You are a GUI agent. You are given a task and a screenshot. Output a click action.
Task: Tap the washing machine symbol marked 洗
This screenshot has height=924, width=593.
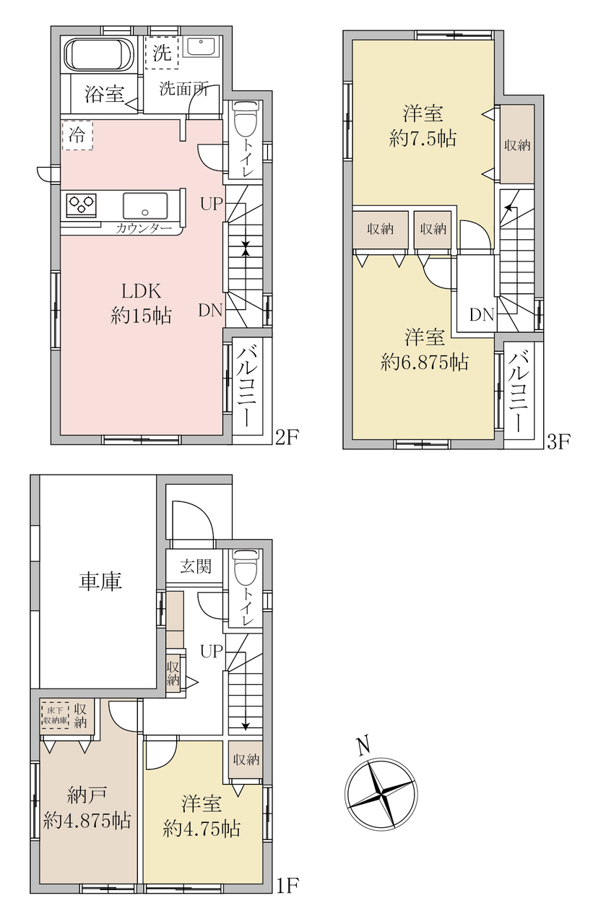point(162,52)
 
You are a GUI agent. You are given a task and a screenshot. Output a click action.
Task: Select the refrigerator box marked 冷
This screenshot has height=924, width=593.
point(77,135)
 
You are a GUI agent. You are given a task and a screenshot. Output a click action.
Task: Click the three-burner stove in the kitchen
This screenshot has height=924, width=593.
point(81,205)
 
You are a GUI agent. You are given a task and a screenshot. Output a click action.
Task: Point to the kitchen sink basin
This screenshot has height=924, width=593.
point(144,205)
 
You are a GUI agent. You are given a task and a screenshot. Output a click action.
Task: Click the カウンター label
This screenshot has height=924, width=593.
point(144,228)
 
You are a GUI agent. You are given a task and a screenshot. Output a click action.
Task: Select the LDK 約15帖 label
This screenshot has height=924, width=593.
point(141,303)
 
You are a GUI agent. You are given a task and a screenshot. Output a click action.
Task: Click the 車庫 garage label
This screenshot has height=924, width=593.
point(100,582)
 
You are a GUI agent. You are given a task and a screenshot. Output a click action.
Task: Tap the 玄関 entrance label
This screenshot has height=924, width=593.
point(196,567)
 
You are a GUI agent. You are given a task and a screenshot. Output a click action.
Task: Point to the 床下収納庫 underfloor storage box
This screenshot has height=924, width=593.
point(55,717)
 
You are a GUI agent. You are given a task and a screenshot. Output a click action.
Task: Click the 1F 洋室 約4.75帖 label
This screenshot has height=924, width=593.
point(202,815)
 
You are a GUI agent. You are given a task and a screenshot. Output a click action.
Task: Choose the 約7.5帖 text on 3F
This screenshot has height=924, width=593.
point(423,139)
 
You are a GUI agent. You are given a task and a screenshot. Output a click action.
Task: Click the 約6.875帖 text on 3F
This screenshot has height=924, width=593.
point(425,363)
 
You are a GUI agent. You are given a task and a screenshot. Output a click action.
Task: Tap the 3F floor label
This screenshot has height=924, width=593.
point(559,442)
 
